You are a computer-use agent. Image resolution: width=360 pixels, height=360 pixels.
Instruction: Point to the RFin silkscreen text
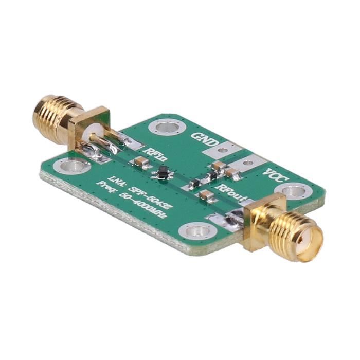click(x=156, y=154)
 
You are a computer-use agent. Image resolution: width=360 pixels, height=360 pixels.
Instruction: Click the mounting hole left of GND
click(x=166, y=127)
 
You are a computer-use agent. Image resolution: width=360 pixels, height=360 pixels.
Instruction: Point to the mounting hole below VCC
click(x=293, y=192)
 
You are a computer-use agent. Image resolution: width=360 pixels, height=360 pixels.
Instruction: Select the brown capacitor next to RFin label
click(x=141, y=162)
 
